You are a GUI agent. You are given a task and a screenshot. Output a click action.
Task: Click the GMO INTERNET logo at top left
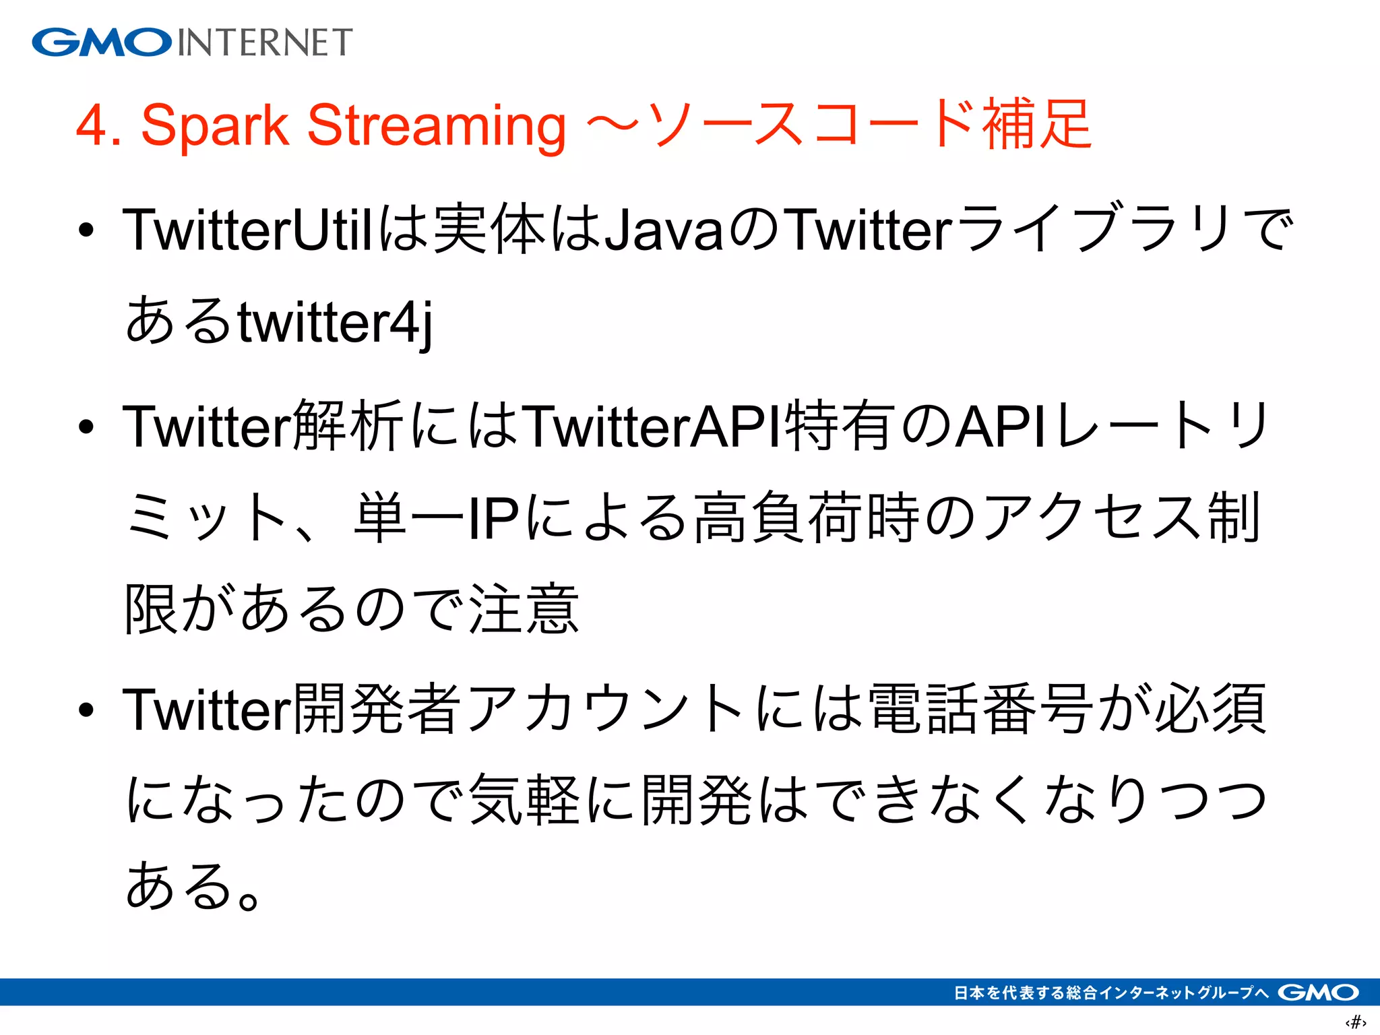192,42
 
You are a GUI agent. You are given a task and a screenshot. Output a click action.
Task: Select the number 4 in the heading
92,126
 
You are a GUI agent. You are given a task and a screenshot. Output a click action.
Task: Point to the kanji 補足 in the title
1036,124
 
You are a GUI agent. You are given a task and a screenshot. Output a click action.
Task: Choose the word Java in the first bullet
664,230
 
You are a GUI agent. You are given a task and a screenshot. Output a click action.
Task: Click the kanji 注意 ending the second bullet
524,609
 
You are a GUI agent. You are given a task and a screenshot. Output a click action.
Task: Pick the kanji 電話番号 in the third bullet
981,709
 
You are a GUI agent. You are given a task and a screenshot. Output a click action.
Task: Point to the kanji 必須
1211,709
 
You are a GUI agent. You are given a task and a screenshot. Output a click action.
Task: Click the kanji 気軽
524,800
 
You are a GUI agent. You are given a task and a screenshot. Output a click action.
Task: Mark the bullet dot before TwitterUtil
86,230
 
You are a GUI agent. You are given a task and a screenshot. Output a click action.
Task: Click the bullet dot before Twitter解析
86,427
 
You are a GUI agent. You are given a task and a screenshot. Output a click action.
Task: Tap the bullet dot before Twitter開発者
86,710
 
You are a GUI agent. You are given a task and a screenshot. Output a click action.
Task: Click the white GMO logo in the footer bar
1318,993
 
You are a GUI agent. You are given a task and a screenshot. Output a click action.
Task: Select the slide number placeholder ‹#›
1355,1023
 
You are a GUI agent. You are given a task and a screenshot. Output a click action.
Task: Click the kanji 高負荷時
807,519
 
